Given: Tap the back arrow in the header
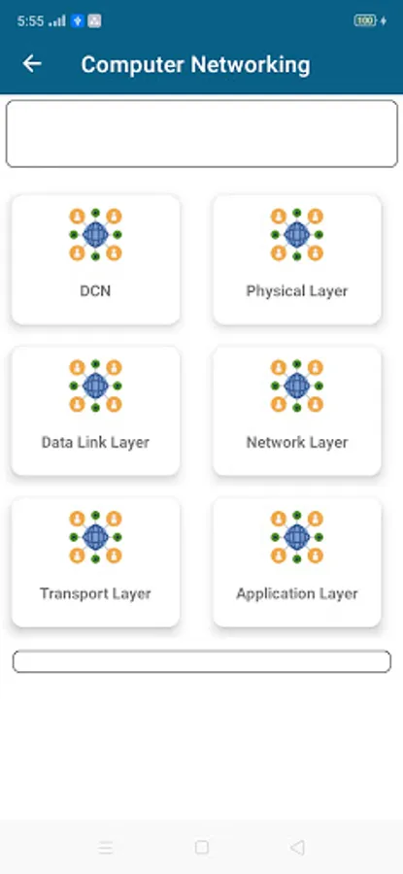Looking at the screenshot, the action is [32, 63].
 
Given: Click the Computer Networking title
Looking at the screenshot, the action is [195, 65].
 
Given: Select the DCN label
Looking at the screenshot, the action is [95, 291].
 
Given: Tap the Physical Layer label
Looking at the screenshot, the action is [297, 291].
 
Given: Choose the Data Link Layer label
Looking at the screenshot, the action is [95, 443].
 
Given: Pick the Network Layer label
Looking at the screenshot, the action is [297, 443].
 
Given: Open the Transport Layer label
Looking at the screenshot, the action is [95, 593].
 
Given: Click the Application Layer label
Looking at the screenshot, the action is [297, 593].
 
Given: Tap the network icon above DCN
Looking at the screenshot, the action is [95, 235].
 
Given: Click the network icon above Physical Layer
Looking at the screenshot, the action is [297, 235].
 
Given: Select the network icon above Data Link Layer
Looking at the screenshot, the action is [95, 386].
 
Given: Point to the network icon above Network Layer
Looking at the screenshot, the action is [297, 386].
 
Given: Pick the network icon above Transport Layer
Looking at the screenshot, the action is [95, 537].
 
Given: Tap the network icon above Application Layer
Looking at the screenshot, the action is [297, 537].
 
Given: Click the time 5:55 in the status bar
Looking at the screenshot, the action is [30, 21].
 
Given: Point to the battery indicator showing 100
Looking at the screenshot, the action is [365, 21].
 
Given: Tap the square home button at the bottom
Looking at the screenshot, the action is [202, 848].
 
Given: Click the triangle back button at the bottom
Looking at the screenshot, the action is [297, 848].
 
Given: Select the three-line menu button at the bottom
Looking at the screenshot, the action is [106, 848].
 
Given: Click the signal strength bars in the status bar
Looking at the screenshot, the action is [57, 21].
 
